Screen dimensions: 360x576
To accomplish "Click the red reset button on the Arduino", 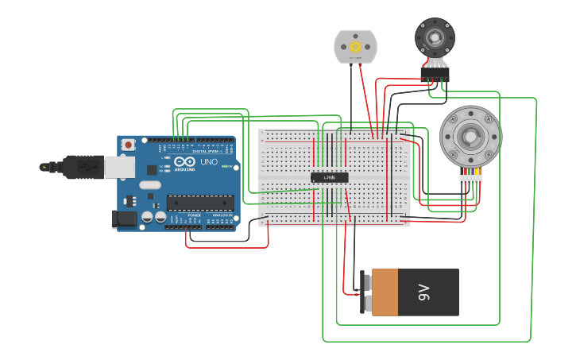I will [129, 145].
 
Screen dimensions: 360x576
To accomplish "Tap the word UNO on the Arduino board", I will [209, 162].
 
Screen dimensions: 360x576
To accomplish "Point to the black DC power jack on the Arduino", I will [123, 219].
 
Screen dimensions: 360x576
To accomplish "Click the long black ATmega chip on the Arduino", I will [199, 203].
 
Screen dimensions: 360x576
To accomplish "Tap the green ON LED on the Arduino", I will [226, 166].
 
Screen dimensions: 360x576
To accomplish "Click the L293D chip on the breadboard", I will [329, 177].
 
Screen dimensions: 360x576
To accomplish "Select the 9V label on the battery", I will [423, 292].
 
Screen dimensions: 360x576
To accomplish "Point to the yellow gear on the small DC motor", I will [355, 47].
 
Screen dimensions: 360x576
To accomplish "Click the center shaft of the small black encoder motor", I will [435, 37].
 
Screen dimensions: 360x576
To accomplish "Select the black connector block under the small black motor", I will [435, 74].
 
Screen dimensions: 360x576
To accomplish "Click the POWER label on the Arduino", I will [194, 215].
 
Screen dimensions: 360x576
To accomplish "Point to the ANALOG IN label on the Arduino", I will [222, 215].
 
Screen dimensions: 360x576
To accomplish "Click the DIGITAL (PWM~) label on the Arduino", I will [205, 151].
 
